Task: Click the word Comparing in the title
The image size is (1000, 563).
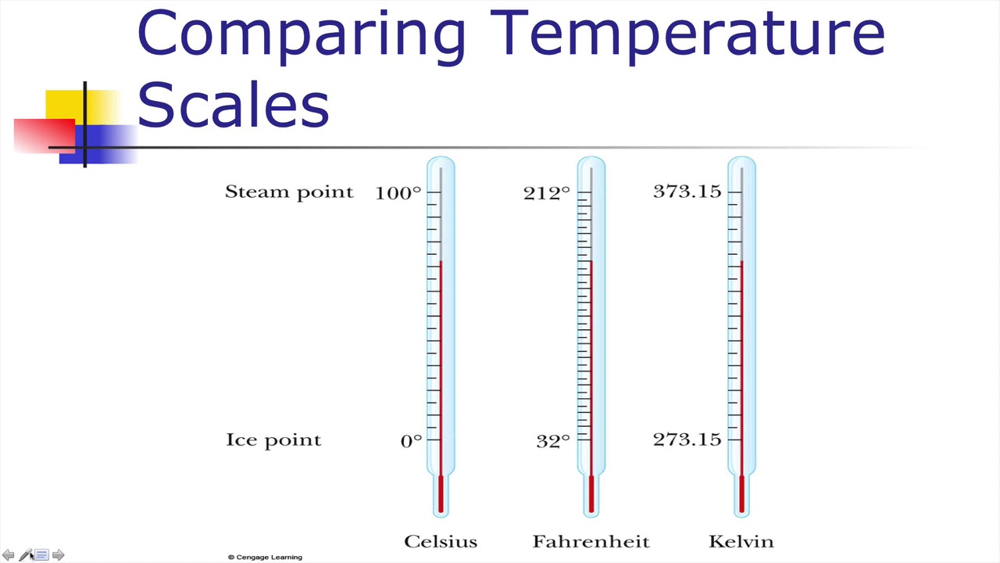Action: (x=302, y=36)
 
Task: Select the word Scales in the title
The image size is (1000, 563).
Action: (x=234, y=104)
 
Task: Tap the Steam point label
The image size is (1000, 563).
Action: (x=289, y=192)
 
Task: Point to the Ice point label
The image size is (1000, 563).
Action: (x=273, y=440)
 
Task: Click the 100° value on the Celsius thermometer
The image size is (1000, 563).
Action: (x=398, y=193)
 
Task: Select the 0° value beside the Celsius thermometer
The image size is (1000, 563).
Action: (x=411, y=441)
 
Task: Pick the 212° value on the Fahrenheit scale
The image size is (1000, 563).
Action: (x=547, y=193)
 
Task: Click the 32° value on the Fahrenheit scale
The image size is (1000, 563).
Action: (x=553, y=441)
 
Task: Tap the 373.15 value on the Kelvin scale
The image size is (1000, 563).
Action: (x=687, y=192)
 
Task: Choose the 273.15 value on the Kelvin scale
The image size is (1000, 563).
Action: (x=687, y=439)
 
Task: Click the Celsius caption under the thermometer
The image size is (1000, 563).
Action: (x=441, y=542)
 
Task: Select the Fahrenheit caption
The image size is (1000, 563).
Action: (x=591, y=542)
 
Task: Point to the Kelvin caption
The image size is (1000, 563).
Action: (x=741, y=542)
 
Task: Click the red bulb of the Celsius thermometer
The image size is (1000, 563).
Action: (x=441, y=493)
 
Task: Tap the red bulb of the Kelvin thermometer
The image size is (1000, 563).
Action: (x=741, y=493)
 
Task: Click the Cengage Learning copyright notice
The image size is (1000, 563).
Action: (x=265, y=558)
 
